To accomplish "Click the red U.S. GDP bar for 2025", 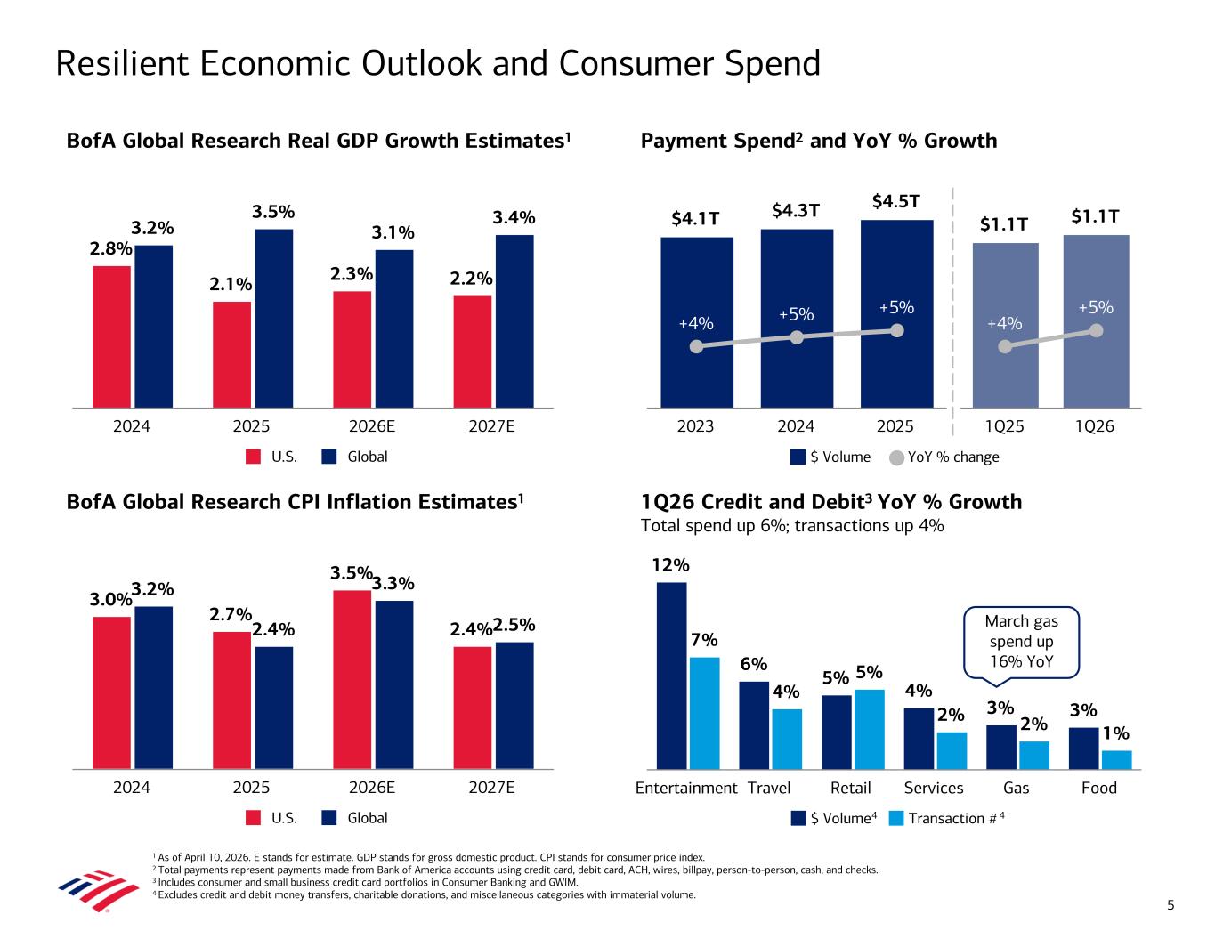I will pos(231,354).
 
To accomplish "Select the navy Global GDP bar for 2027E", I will pos(514,320).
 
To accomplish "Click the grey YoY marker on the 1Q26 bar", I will pos(1097,330).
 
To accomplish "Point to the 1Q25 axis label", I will pos(1005,427).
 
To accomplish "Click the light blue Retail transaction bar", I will pos(869,729).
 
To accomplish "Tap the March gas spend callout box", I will pos(1021,641).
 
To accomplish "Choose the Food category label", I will pos(1098,788).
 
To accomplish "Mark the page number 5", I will pos(1170,906).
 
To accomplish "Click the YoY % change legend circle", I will pos(897,457).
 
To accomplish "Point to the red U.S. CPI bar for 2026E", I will pos(352,679).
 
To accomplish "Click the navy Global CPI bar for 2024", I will pos(153,687).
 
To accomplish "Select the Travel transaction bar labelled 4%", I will pos(787,739).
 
